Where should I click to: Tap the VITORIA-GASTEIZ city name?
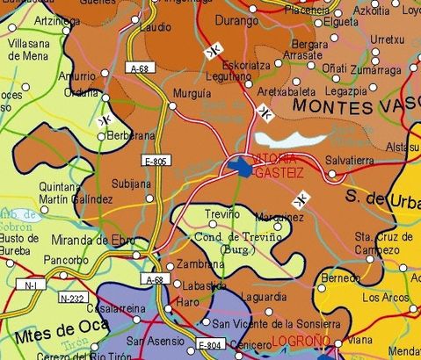279,166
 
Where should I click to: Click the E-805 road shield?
154,162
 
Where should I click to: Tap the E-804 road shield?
210,344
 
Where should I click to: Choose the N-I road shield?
31,285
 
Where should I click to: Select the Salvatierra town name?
350,162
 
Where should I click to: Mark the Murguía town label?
192,92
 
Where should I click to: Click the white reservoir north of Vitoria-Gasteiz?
290,139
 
